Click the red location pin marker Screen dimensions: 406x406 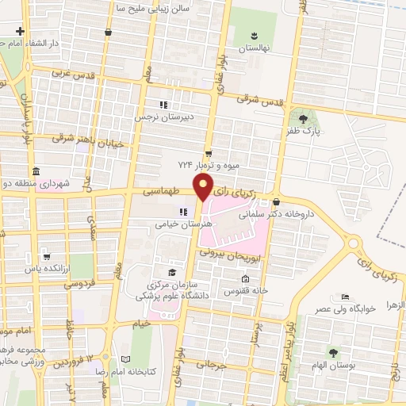tap(204, 188)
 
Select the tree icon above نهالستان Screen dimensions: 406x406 tap(255, 36)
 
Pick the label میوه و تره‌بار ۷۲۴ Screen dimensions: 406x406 tap(208, 165)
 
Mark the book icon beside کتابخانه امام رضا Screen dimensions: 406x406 tap(125, 360)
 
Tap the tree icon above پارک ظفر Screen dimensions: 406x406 tap(304, 120)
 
